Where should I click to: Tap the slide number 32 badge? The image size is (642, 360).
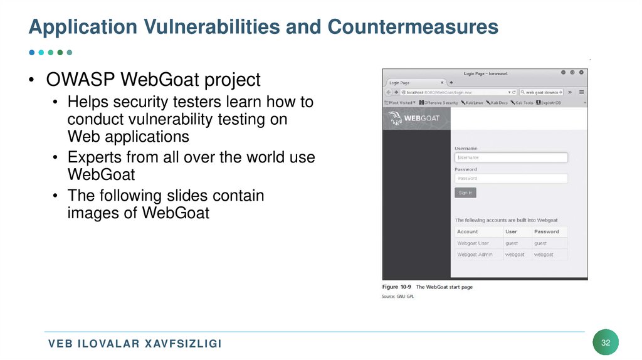606,342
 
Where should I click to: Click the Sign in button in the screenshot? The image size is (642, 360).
465,193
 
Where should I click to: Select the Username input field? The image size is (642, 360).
511,157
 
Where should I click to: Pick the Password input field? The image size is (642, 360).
511,178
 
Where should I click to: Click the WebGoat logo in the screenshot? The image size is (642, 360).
414,118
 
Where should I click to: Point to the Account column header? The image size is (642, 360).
468,231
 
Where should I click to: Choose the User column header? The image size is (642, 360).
512,231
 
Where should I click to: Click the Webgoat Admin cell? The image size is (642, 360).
475,255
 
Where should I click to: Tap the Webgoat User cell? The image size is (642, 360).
473,243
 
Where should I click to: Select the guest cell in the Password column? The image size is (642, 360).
540,243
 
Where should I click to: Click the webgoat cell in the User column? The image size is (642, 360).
515,255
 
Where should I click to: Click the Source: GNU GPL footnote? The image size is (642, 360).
398,296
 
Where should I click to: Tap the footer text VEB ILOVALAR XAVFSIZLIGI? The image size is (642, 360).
135,344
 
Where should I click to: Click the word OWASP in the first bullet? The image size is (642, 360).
80,80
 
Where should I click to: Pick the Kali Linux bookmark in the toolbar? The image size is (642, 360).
471,102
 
